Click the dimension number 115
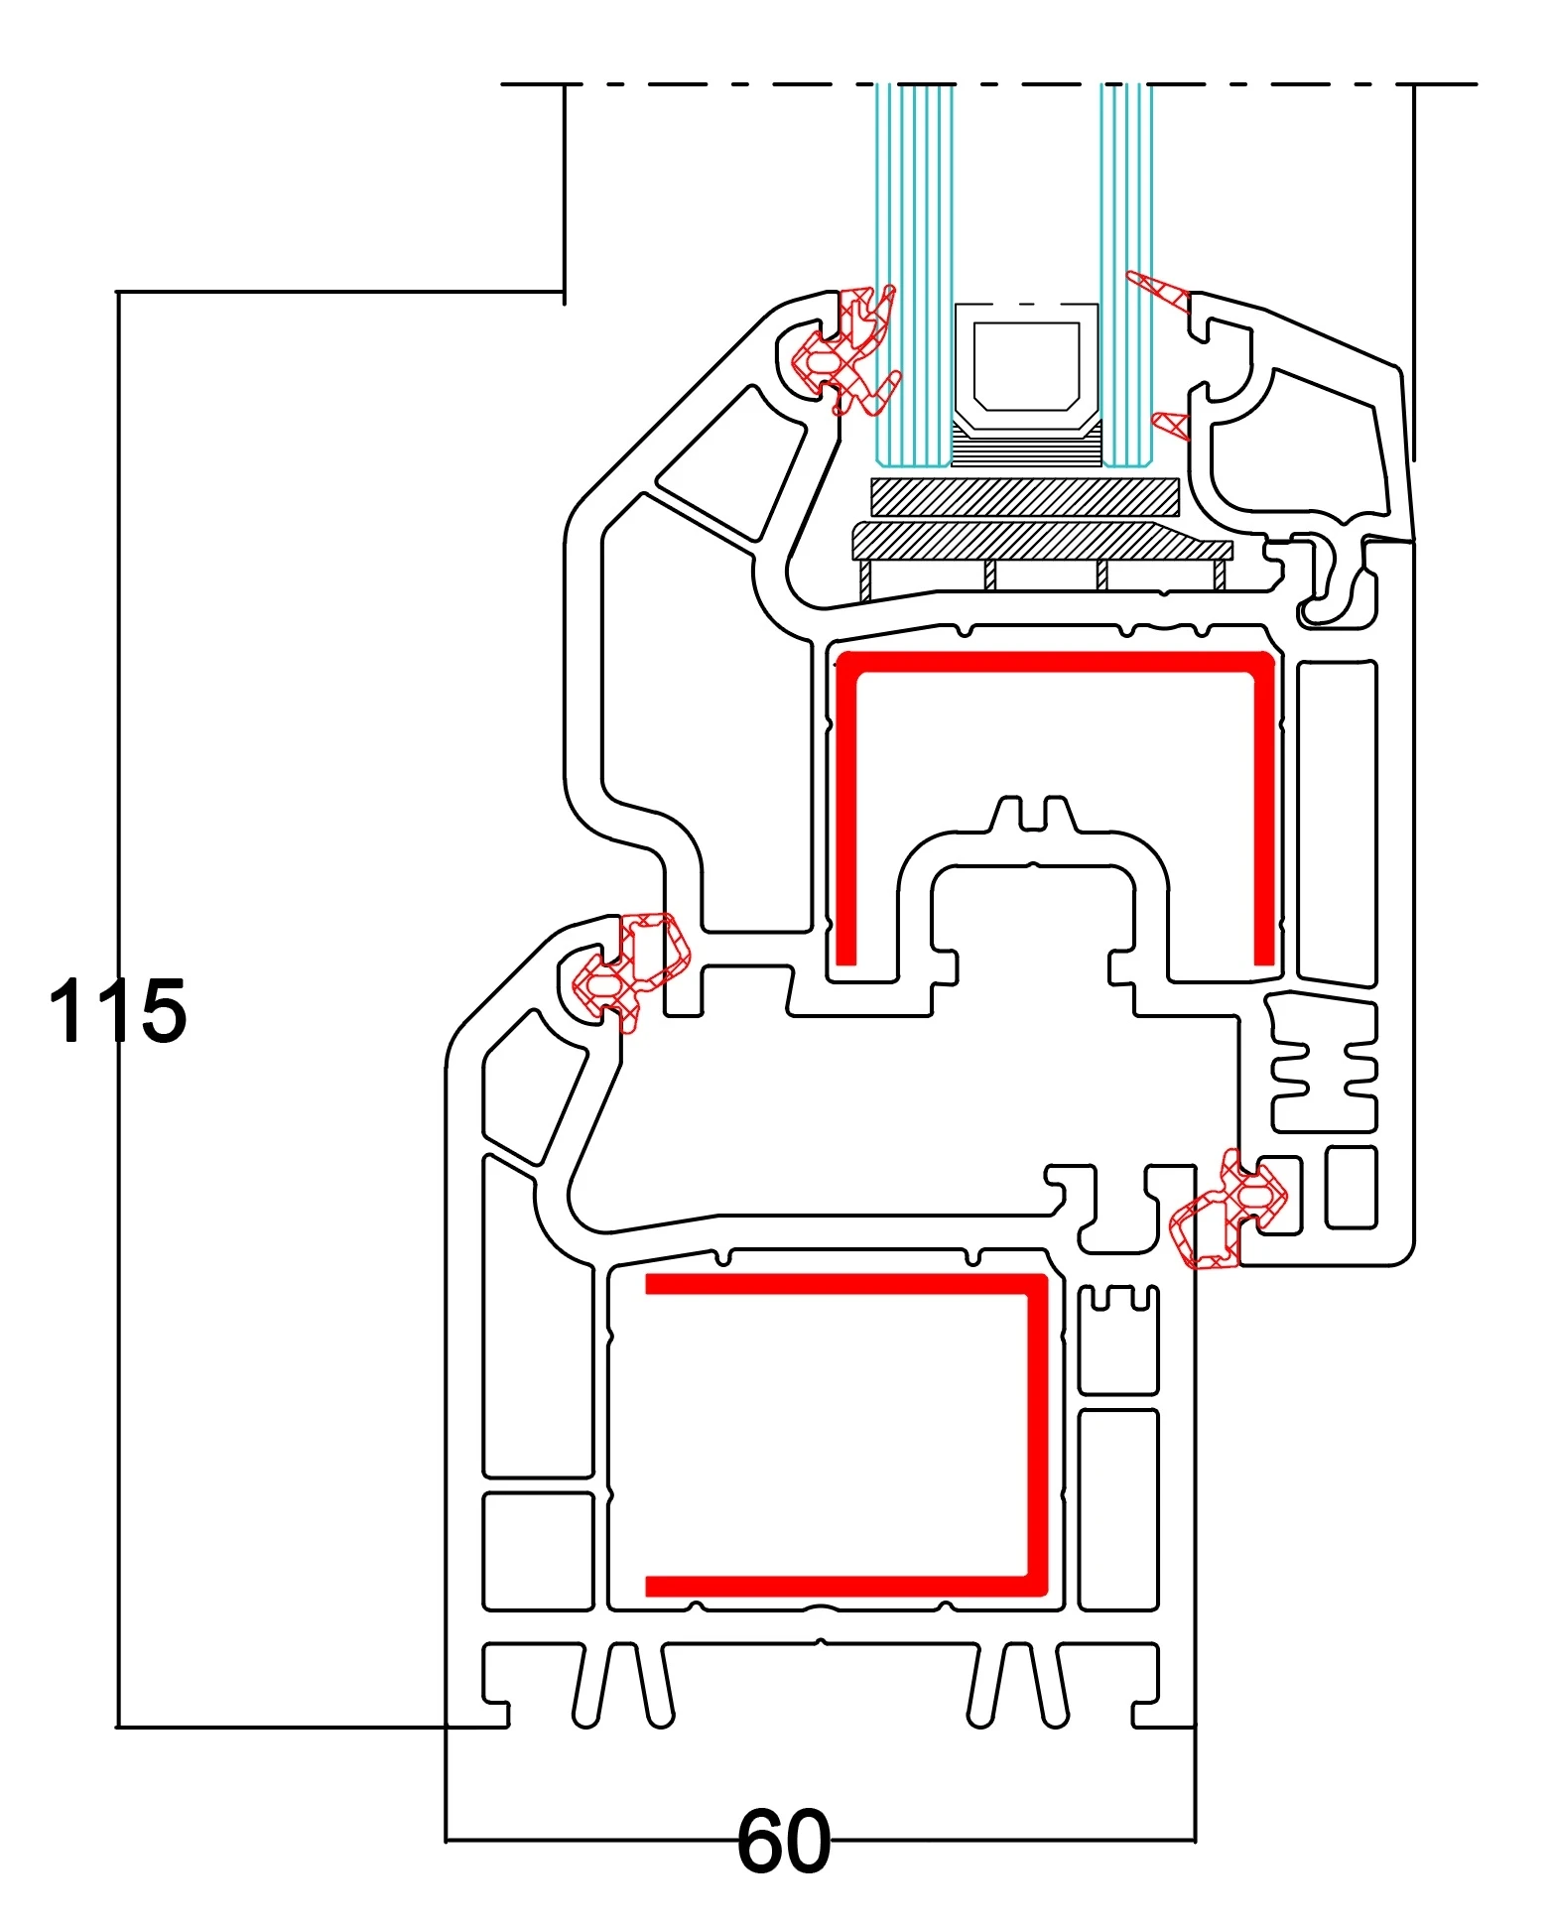point(117,1010)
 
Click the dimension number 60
point(783,1842)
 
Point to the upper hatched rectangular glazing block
point(1025,497)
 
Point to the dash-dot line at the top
point(992,84)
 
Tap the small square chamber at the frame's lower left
point(537,1550)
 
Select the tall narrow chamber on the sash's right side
point(1336,824)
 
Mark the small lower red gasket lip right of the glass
point(1172,424)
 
